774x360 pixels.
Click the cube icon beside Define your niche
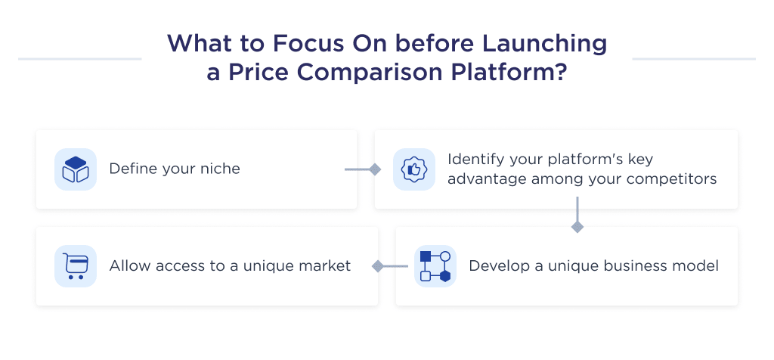76,169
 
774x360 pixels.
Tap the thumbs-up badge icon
413,169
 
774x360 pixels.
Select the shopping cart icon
76,265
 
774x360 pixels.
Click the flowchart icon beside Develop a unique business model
435,265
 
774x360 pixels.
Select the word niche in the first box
220,169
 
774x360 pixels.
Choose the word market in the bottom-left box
326,266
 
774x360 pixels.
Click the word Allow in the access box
128,266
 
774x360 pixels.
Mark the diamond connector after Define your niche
374,169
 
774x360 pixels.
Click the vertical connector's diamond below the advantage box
577,227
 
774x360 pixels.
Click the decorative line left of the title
79,58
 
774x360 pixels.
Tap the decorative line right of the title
693,58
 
